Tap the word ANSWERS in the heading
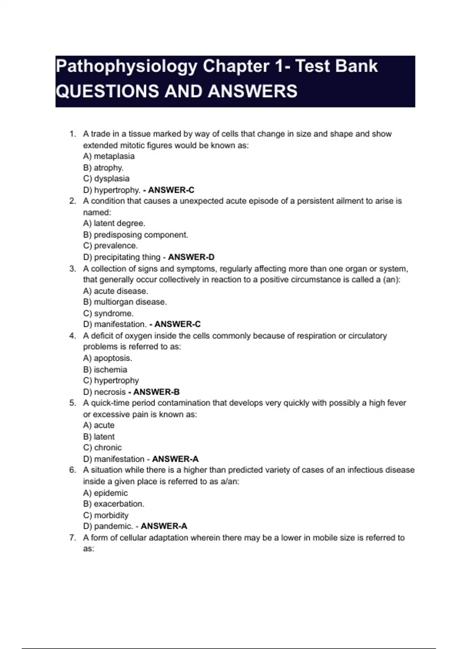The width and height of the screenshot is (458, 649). click(253, 92)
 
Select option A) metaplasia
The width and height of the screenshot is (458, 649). click(109, 156)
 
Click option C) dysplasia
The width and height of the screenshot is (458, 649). click(106, 179)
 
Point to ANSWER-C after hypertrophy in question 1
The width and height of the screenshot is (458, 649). click(171, 190)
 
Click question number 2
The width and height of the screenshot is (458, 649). click(73, 201)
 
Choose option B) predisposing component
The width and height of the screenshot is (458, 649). click(135, 235)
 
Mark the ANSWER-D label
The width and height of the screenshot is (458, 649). click(191, 257)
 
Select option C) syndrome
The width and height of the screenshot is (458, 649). click(108, 313)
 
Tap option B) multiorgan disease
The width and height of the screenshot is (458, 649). click(125, 302)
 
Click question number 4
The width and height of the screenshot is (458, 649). click(73, 336)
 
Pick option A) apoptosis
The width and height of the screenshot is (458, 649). click(108, 358)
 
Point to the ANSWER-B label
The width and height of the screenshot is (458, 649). click(156, 392)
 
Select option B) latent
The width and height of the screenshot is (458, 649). click(99, 437)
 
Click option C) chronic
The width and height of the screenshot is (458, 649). click(102, 447)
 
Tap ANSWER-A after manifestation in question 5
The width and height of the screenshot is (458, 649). click(175, 459)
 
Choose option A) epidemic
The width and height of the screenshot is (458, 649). click(105, 493)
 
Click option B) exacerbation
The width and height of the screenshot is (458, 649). click(114, 504)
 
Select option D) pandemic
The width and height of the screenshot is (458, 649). click(108, 526)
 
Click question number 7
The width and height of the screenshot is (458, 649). click(73, 538)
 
